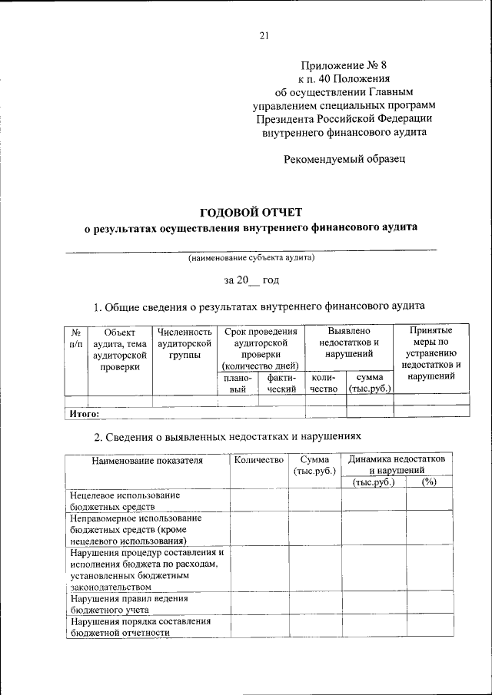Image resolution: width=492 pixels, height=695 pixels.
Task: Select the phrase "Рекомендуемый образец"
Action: (x=344, y=159)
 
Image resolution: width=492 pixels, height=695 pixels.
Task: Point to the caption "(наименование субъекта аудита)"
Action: (x=251, y=258)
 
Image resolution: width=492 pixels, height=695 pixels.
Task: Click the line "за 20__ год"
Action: (x=251, y=281)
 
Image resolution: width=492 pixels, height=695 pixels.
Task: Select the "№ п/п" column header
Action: (x=75, y=339)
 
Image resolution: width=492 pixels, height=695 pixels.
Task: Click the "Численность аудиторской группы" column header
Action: (x=184, y=344)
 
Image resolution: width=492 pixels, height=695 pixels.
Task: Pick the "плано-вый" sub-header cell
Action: (x=238, y=383)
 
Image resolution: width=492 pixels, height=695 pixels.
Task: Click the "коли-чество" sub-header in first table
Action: (x=324, y=383)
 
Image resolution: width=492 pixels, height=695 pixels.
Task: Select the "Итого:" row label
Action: (x=85, y=413)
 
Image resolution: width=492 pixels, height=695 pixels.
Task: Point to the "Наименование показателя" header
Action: (x=148, y=461)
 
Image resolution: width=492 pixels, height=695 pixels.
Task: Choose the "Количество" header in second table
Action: (x=258, y=461)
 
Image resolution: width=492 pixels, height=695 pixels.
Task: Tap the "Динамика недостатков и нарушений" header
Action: (x=400, y=464)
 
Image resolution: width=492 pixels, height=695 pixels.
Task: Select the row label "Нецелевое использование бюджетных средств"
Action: (x=125, y=501)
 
